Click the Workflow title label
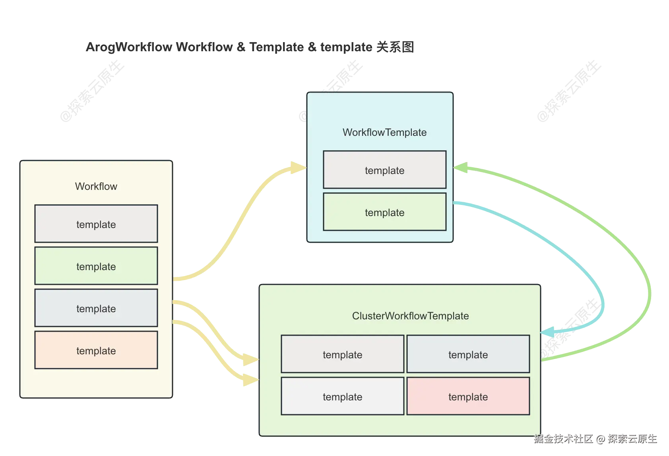pyautogui.click(x=96, y=186)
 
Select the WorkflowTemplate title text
pyautogui.click(x=384, y=132)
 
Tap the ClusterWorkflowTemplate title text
pyautogui.click(x=410, y=316)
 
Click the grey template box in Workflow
pyautogui.click(x=96, y=224)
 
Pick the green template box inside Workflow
pyautogui.click(x=96, y=266)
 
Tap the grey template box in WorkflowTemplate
pyautogui.click(x=384, y=170)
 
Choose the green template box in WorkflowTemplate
pyautogui.click(x=384, y=212)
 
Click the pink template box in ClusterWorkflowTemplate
pyautogui.click(x=468, y=396)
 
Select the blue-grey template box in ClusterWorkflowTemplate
pyautogui.click(x=468, y=354)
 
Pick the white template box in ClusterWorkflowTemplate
pyautogui.click(x=342, y=396)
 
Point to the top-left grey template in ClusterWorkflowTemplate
pyautogui.click(x=342, y=354)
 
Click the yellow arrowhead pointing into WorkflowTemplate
pyautogui.click(x=298, y=168)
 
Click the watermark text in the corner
pyautogui.click(x=595, y=439)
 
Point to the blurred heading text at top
pyautogui.click(x=249, y=47)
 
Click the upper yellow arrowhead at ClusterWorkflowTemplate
pyautogui.click(x=250, y=360)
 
